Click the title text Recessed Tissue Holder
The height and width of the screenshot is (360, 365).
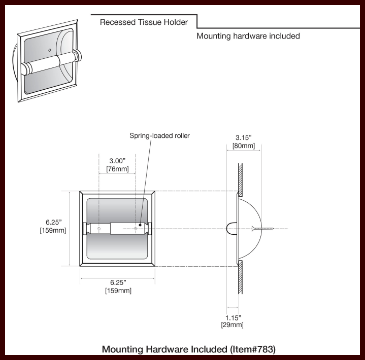(144, 22)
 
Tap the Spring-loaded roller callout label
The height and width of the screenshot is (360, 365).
(159, 136)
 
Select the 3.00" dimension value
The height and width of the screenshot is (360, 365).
(117, 161)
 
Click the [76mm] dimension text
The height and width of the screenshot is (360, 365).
(117, 169)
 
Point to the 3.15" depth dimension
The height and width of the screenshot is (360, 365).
(244, 137)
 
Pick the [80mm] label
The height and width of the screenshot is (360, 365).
(244, 146)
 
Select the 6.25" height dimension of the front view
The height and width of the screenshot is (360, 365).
(53, 222)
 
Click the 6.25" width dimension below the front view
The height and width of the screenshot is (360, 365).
(117, 282)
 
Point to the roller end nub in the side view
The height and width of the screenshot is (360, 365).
(230, 229)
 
